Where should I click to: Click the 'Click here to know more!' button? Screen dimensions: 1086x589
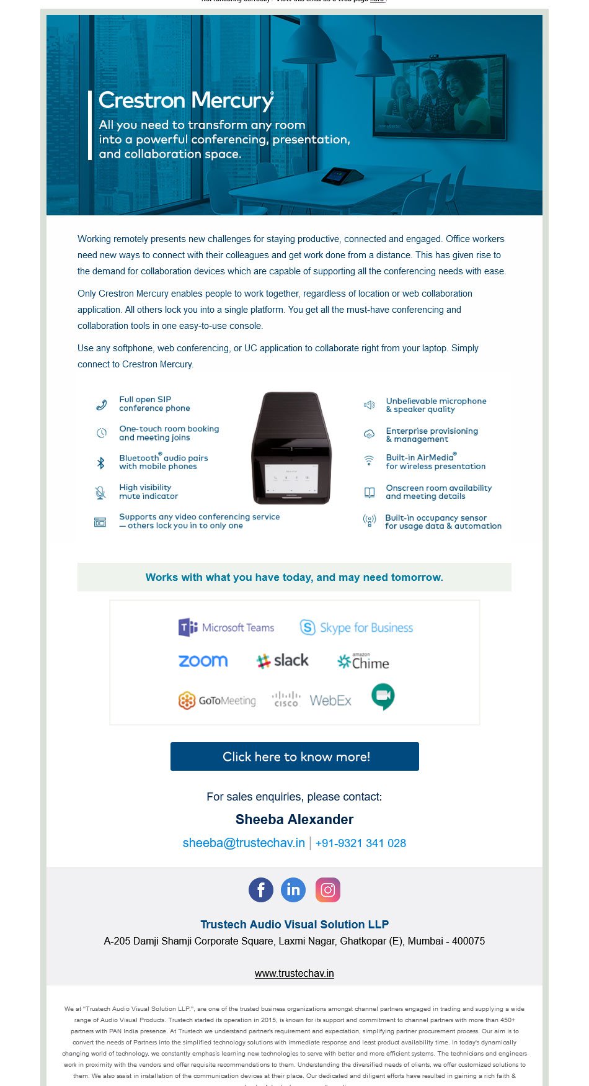click(294, 756)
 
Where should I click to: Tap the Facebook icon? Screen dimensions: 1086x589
click(261, 890)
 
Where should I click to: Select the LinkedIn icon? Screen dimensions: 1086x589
click(293, 890)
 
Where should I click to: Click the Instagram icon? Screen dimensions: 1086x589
click(328, 890)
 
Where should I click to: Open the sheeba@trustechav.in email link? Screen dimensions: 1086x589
click(244, 843)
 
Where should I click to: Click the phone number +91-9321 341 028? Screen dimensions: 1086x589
click(361, 843)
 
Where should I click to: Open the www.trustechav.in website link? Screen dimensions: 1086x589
click(294, 973)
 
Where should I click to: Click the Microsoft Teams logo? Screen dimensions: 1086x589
click(226, 627)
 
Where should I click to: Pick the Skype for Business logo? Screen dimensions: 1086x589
click(356, 627)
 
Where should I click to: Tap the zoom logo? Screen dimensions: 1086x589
click(203, 661)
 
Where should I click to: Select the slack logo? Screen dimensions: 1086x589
click(283, 661)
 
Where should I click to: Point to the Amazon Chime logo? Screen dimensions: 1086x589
click(363, 662)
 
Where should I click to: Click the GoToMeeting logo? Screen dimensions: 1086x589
click(217, 701)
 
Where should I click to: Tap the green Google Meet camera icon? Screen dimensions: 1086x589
click(383, 696)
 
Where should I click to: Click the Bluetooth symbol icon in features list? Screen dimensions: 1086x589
click(100, 462)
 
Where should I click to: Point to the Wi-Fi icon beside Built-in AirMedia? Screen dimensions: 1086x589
click(369, 461)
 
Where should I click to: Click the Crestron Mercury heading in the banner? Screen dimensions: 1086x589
click(186, 101)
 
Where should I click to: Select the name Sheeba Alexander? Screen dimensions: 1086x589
click(294, 819)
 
